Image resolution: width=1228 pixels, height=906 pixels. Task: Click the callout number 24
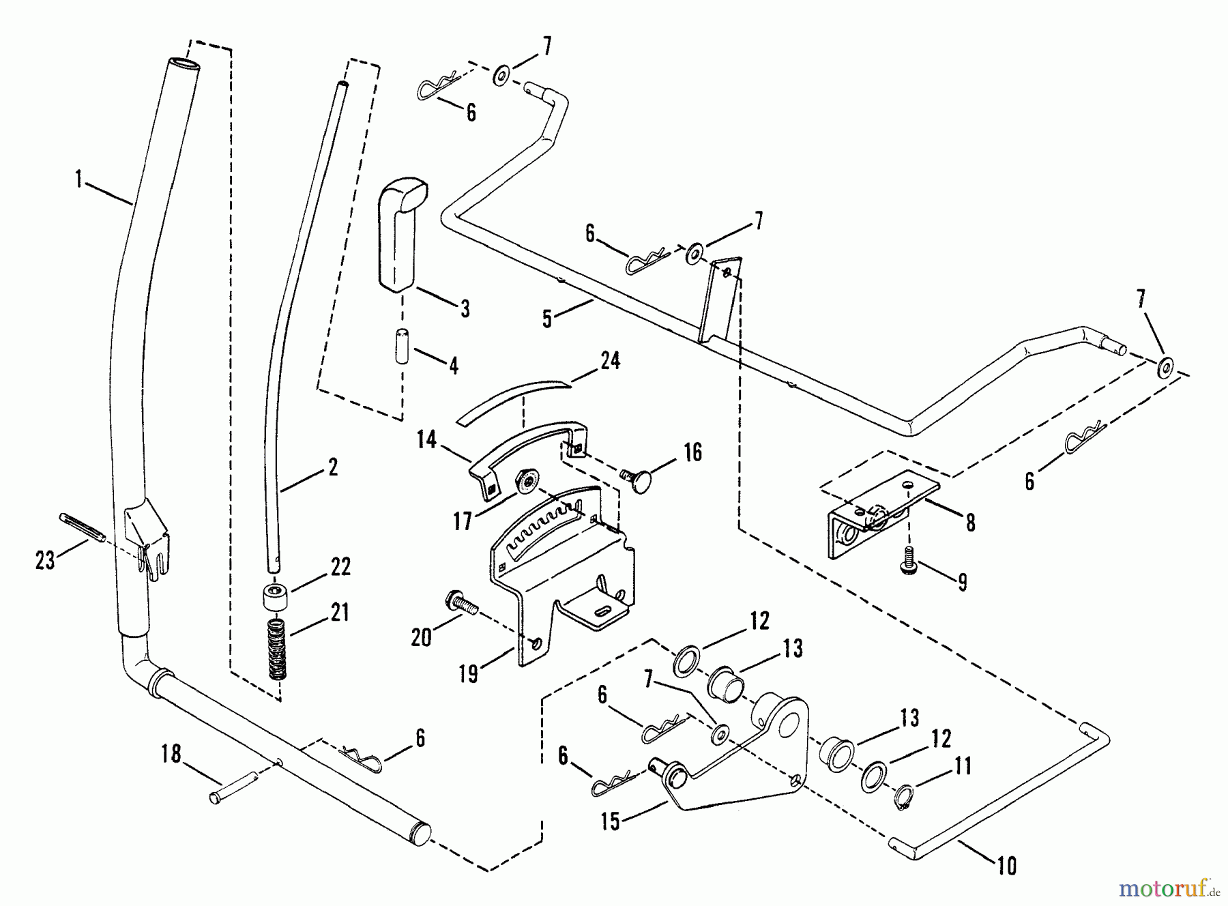pyautogui.click(x=610, y=361)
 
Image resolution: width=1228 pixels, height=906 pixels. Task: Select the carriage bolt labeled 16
pyautogui.click(x=637, y=475)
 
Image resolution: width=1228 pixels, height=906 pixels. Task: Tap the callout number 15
pyautogui.click(x=610, y=821)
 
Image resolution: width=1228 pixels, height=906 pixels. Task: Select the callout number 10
pyautogui.click(x=1006, y=866)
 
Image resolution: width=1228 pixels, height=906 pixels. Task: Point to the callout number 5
pyautogui.click(x=547, y=319)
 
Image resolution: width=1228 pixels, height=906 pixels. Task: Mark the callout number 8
pyautogui.click(x=970, y=523)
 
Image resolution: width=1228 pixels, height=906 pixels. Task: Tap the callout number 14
pyautogui.click(x=426, y=440)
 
